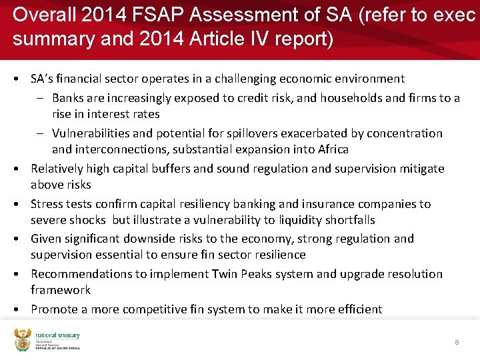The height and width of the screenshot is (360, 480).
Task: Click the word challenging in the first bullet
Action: (247, 79)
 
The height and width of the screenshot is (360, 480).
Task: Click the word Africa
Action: (331, 149)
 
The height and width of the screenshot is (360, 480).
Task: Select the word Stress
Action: (47, 204)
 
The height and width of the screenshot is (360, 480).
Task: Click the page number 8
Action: (457, 342)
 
